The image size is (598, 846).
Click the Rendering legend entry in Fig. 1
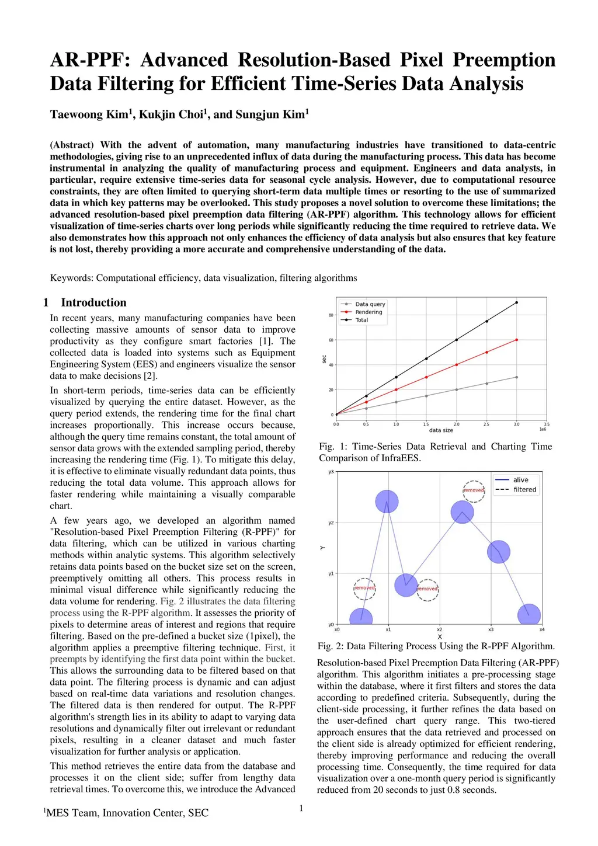click(x=368, y=312)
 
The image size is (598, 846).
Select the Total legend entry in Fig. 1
click(x=361, y=320)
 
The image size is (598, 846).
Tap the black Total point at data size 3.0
click(x=517, y=302)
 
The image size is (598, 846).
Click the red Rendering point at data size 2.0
click(x=457, y=364)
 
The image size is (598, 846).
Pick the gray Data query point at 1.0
click(x=396, y=402)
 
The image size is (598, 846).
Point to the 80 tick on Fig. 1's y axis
click(x=331, y=315)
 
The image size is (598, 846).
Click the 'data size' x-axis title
click(x=441, y=430)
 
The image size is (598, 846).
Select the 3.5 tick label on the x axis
click(x=547, y=424)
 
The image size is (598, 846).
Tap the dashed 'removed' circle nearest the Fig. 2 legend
click(x=474, y=490)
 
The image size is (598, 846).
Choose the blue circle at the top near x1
click(x=387, y=501)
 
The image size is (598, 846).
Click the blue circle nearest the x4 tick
click(x=529, y=614)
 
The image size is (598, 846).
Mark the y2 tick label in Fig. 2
click(x=331, y=523)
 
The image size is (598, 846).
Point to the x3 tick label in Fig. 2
click(x=491, y=629)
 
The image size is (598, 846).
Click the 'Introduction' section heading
click(x=93, y=302)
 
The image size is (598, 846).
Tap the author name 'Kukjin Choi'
click(x=171, y=114)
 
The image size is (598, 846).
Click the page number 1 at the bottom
click(x=301, y=808)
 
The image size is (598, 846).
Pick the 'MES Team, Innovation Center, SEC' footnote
click(x=127, y=813)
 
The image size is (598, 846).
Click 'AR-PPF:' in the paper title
click(x=90, y=60)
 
